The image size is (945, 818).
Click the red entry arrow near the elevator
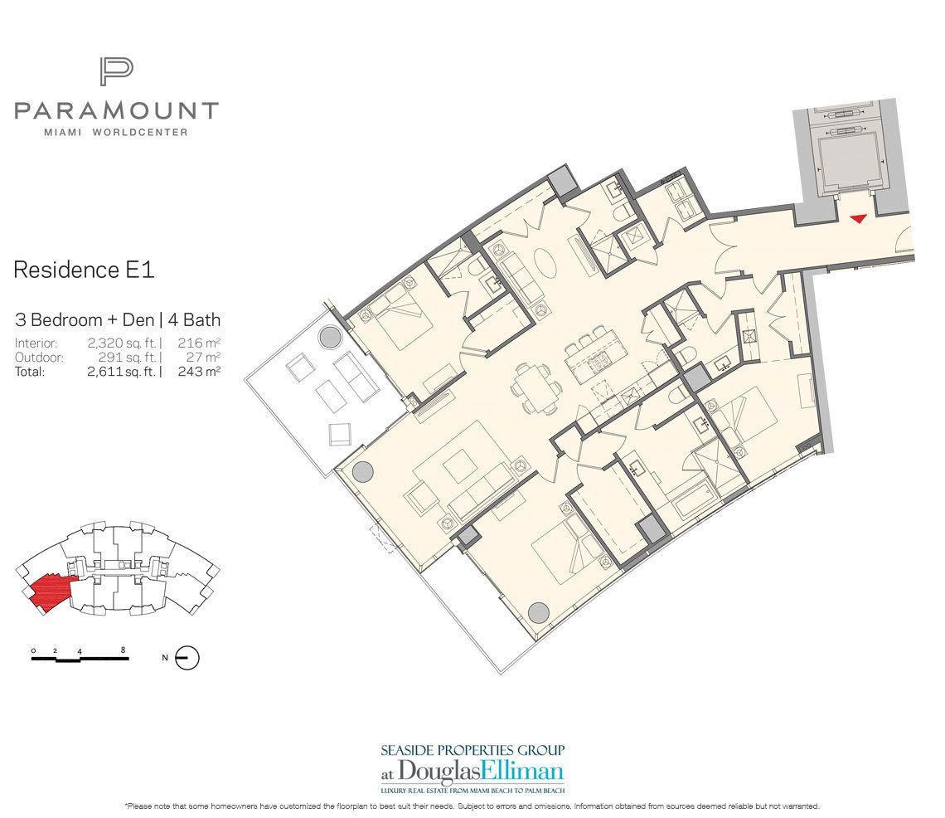point(858,218)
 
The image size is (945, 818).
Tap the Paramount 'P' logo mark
point(116,71)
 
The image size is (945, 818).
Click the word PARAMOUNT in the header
point(116,110)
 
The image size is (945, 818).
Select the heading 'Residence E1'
point(85,270)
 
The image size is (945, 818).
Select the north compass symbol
point(188,658)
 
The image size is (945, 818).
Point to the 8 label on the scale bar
point(123,650)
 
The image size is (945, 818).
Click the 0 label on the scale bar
point(33,650)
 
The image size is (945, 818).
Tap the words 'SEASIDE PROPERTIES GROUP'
point(472,751)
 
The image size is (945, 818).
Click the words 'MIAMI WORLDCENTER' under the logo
point(116,132)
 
